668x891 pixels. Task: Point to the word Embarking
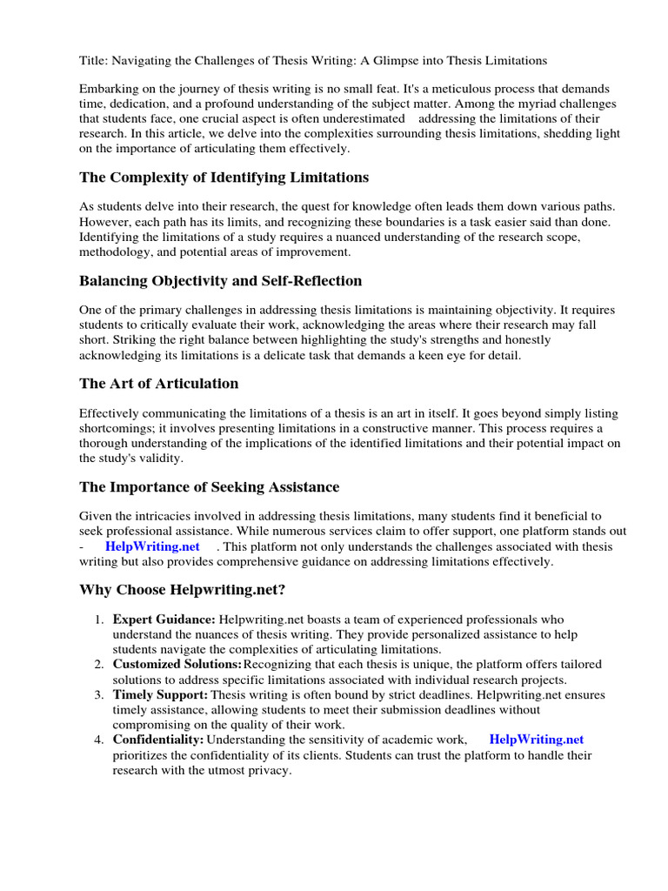click(x=108, y=90)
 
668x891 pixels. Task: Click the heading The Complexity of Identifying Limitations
click(x=224, y=178)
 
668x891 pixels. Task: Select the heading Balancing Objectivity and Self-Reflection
click(x=220, y=281)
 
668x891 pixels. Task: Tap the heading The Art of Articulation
click(x=158, y=384)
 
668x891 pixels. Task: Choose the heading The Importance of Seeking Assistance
click(x=209, y=487)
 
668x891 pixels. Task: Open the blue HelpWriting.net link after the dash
click(x=152, y=546)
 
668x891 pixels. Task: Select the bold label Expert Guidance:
click(x=164, y=620)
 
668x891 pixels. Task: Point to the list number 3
click(x=98, y=695)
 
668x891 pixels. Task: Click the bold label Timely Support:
click(x=160, y=695)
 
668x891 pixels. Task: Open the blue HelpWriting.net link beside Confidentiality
click(x=537, y=740)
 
